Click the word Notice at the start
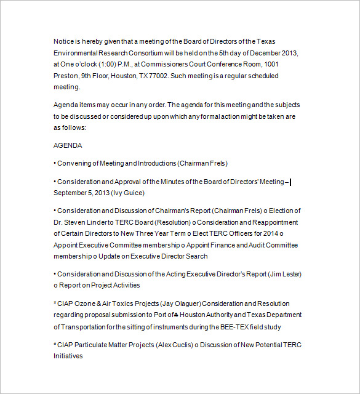[64, 41]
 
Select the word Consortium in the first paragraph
[146, 53]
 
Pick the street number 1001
[271, 64]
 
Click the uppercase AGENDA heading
[68, 146]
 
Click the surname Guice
[134, 193]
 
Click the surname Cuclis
[180, 344]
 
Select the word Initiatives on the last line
[68, 356]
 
